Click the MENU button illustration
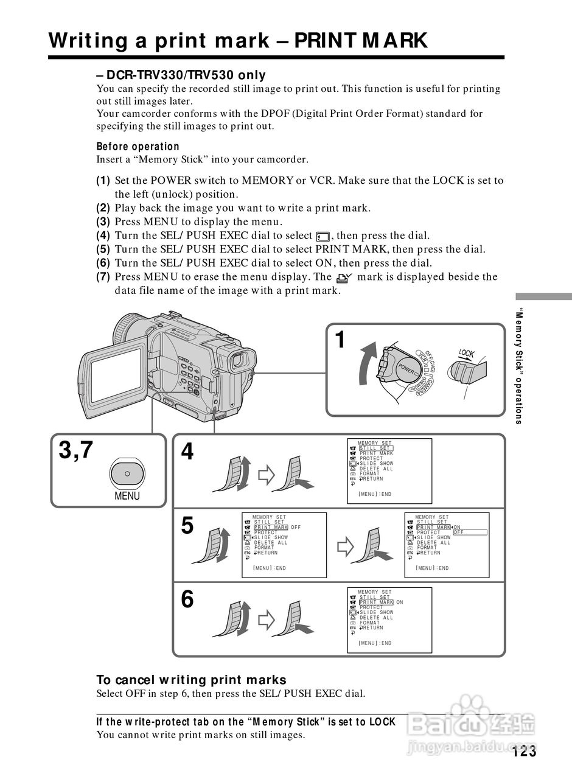(127, 473)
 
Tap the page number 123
(525, 752)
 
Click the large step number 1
(341, 340)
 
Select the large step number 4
(187, 452)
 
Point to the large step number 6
(187, 600)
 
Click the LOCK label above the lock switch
(467, 354)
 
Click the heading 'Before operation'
(138, 147)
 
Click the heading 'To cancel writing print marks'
(191, 680)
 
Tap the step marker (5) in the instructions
(103, 249)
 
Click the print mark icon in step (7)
(344, 278)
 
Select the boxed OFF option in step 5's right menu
(470, 533)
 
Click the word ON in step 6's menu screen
(400, 603)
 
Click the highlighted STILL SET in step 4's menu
(375, 449)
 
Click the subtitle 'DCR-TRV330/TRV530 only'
(181, 75)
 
